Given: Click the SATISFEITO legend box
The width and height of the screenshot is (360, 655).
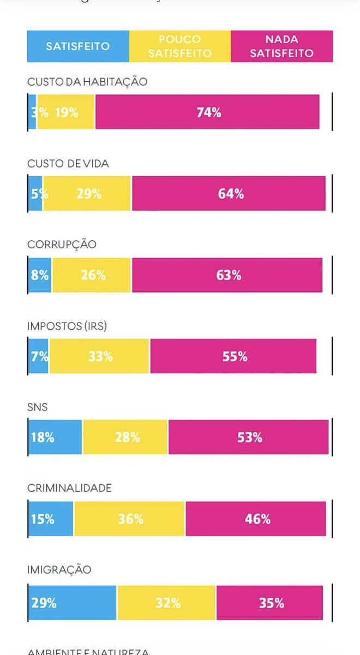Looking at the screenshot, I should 77,46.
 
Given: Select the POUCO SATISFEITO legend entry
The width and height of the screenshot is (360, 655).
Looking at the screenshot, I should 179,46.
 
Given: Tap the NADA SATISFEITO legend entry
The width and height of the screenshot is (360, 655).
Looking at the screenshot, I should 281,46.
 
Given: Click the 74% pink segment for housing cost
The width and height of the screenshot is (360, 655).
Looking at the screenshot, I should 207,112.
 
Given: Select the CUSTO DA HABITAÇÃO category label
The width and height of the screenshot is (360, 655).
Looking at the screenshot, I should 87,82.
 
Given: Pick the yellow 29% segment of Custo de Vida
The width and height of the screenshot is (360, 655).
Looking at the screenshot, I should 88,194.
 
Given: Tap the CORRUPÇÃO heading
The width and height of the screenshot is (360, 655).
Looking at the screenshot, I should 62,245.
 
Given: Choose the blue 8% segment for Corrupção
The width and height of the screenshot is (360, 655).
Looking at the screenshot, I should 40,275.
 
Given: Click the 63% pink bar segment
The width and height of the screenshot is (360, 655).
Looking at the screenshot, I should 227,275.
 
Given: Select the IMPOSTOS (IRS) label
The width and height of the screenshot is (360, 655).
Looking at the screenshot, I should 67,326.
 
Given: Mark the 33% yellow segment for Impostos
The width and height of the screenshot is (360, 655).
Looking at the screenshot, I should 99,356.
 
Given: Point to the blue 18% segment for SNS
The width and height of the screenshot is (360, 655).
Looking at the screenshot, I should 55,437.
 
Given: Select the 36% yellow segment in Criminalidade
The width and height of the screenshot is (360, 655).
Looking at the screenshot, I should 130,519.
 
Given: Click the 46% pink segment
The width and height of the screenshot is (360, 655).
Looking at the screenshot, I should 256,519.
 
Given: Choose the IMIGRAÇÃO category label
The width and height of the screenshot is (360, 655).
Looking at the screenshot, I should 59,570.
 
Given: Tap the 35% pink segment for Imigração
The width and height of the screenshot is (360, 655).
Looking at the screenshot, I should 269,603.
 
